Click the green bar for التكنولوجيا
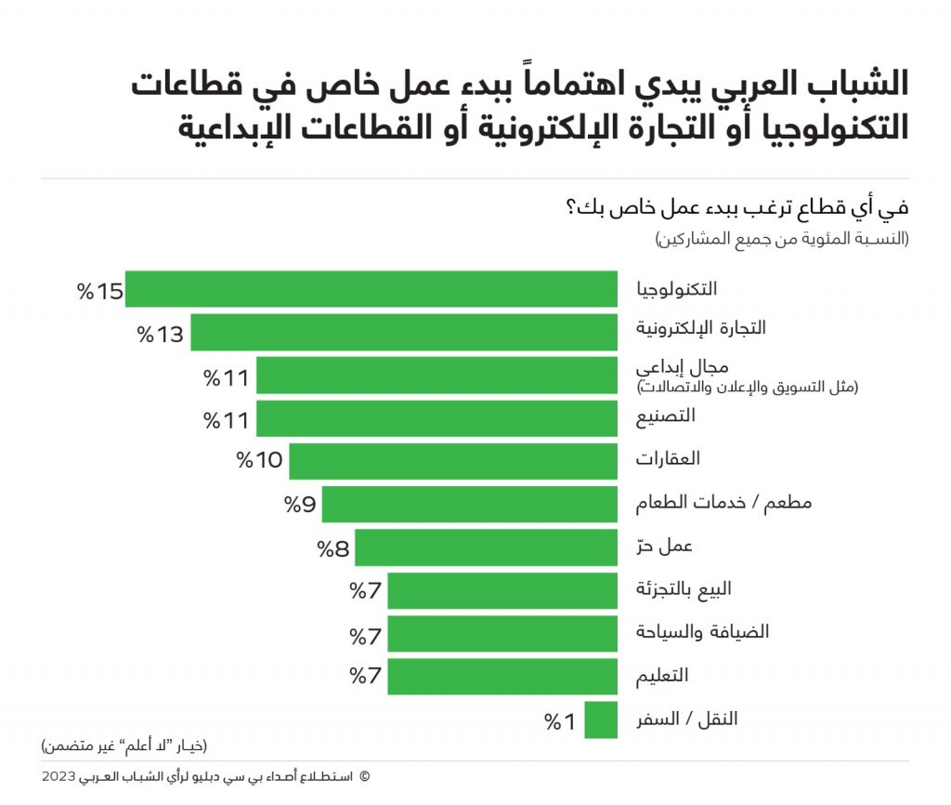coord(371,289)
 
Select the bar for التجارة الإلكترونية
coord(404,332)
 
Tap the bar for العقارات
coord(453,460)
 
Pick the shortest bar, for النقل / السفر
coord(601,720)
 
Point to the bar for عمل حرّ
coord(486,548)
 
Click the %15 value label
coord(100,291)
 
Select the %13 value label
coord(161,334)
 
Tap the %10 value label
coord(259,460)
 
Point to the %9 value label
coord(301,505)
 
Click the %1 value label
coord(561,721)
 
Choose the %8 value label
coord(333,548)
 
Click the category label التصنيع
coord(665,417)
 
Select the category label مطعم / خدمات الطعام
coord(723,504)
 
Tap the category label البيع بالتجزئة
coord(683,589)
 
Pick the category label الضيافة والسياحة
coord(689,632)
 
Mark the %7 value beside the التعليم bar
coord(366,676)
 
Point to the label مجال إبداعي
coord(680,367)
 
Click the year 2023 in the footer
coord(60,776)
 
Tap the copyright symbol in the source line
coord(363,776)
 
